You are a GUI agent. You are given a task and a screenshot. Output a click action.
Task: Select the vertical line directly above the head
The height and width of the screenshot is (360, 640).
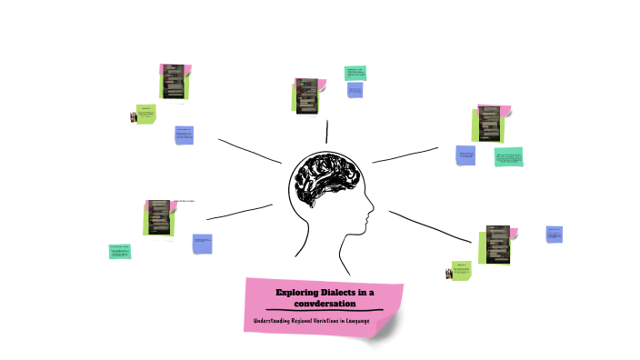tap(326, 131)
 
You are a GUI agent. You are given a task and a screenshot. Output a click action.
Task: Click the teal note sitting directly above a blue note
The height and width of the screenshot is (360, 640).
tap(354, 73)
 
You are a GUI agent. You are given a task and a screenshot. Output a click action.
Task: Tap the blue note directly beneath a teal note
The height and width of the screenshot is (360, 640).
tap(355, 90)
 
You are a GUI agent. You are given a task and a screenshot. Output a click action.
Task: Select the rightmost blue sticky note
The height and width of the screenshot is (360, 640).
tap(554, 235)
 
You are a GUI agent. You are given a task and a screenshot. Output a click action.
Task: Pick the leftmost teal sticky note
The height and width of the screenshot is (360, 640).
tap(120, 251)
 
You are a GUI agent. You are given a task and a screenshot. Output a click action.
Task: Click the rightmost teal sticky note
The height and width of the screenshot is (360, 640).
tap(509, 157)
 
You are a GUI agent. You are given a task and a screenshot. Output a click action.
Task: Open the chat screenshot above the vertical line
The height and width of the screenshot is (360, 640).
tap(308, 95)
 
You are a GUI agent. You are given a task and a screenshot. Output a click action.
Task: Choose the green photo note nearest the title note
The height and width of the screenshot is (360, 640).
tap(461, 270)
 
